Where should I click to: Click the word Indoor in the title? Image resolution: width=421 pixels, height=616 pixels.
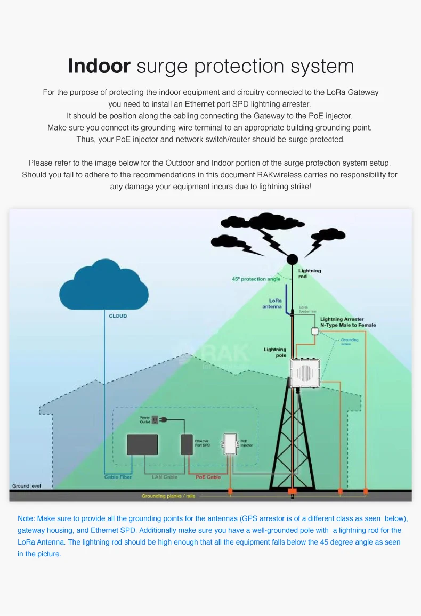99,66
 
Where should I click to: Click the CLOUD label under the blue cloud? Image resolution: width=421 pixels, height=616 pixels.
118,316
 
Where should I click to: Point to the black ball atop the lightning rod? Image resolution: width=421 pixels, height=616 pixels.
293,260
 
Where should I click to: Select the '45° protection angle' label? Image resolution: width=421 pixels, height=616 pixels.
256,279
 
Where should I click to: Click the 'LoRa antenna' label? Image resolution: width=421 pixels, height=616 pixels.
272,304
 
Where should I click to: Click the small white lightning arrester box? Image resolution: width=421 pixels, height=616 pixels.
315,331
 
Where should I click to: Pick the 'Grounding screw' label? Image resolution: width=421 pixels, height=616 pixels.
350,342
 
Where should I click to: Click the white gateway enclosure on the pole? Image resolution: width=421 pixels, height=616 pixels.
304,372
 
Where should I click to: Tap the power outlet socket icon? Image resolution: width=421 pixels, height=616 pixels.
155,420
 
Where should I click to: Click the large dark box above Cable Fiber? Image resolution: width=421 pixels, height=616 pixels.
142,444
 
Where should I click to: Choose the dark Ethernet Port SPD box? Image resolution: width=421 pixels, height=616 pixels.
187,444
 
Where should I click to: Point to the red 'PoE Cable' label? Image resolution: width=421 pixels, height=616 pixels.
208,477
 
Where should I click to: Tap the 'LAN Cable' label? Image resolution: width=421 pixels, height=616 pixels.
165,477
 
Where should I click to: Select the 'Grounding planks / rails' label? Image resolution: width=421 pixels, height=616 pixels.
165,496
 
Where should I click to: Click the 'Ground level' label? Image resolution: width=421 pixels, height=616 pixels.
26,486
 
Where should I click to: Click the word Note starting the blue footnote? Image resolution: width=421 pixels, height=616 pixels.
26,518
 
